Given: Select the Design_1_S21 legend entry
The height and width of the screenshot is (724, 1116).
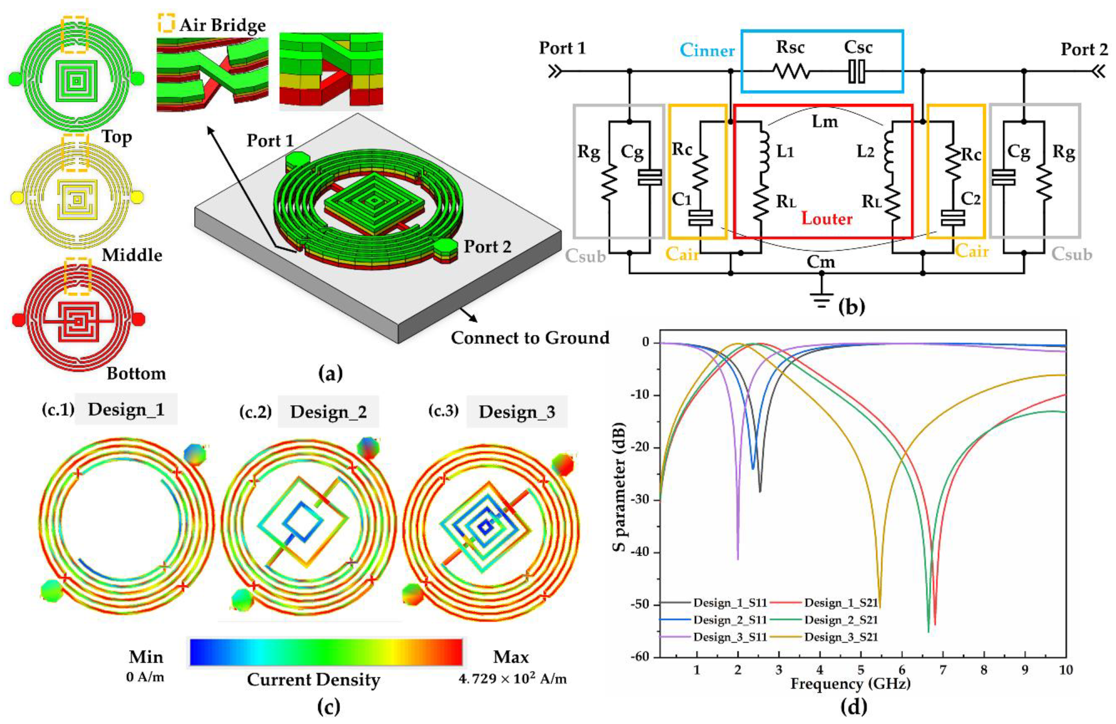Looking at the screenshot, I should [x=841, y=603].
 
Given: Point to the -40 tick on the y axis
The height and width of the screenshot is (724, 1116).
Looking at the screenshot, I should [x=640, y=552].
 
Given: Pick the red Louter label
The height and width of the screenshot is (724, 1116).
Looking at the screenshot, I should [x=826, y=219].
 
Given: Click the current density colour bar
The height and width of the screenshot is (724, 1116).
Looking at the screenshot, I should [x=326, y=652].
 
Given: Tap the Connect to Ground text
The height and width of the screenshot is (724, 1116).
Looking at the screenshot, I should [x=530, y=338].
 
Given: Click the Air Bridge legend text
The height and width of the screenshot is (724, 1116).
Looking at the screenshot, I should [x=222, y=25].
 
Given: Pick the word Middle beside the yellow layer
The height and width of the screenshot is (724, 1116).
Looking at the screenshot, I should [x=132, y=255].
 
